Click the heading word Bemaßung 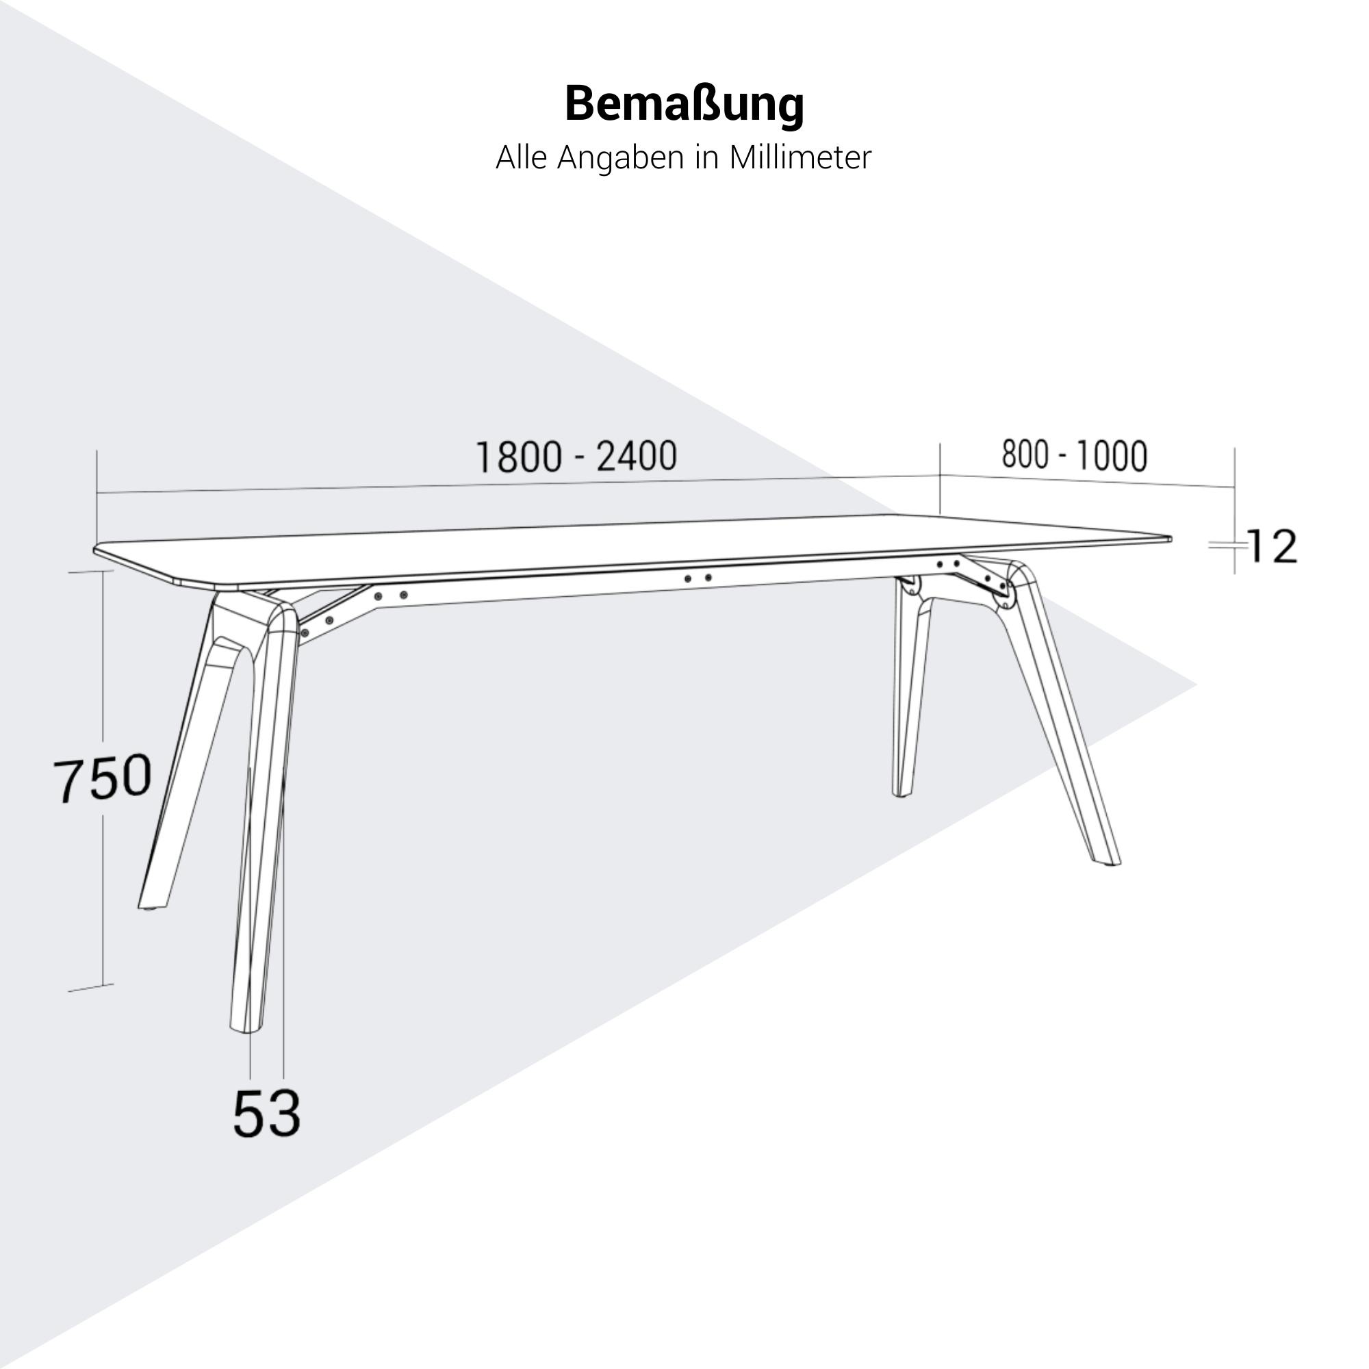coord(684,104)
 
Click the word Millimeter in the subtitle coord(800,157)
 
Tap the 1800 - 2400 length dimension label coord(576,457)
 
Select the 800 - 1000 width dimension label coord(1074,455)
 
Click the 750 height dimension coord(103,778)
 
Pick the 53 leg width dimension coord(266,1113)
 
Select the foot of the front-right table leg coord(1108,861)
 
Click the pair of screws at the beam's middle coord(698,578)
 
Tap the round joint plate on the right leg coord(1005,596)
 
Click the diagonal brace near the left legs coord(333,615)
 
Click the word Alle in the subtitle coord(522,157)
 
